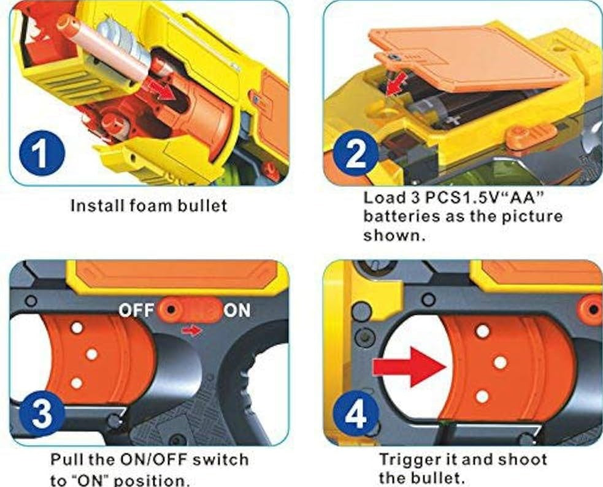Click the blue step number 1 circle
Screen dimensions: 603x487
(42, 153)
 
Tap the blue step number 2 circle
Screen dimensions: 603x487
(356, 153)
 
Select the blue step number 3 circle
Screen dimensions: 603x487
(42, 413)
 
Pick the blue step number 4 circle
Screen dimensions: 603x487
(356, 413)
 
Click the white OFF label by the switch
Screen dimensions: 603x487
(137, 311)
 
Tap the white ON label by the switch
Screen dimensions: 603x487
(237, 311)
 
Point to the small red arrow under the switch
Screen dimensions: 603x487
(191, 330)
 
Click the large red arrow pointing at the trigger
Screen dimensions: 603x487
(410, 367)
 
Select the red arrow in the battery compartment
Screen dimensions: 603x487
(396, 85)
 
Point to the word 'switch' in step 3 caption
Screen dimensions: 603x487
(220, 459)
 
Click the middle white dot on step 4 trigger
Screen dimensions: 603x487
(500, 362)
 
